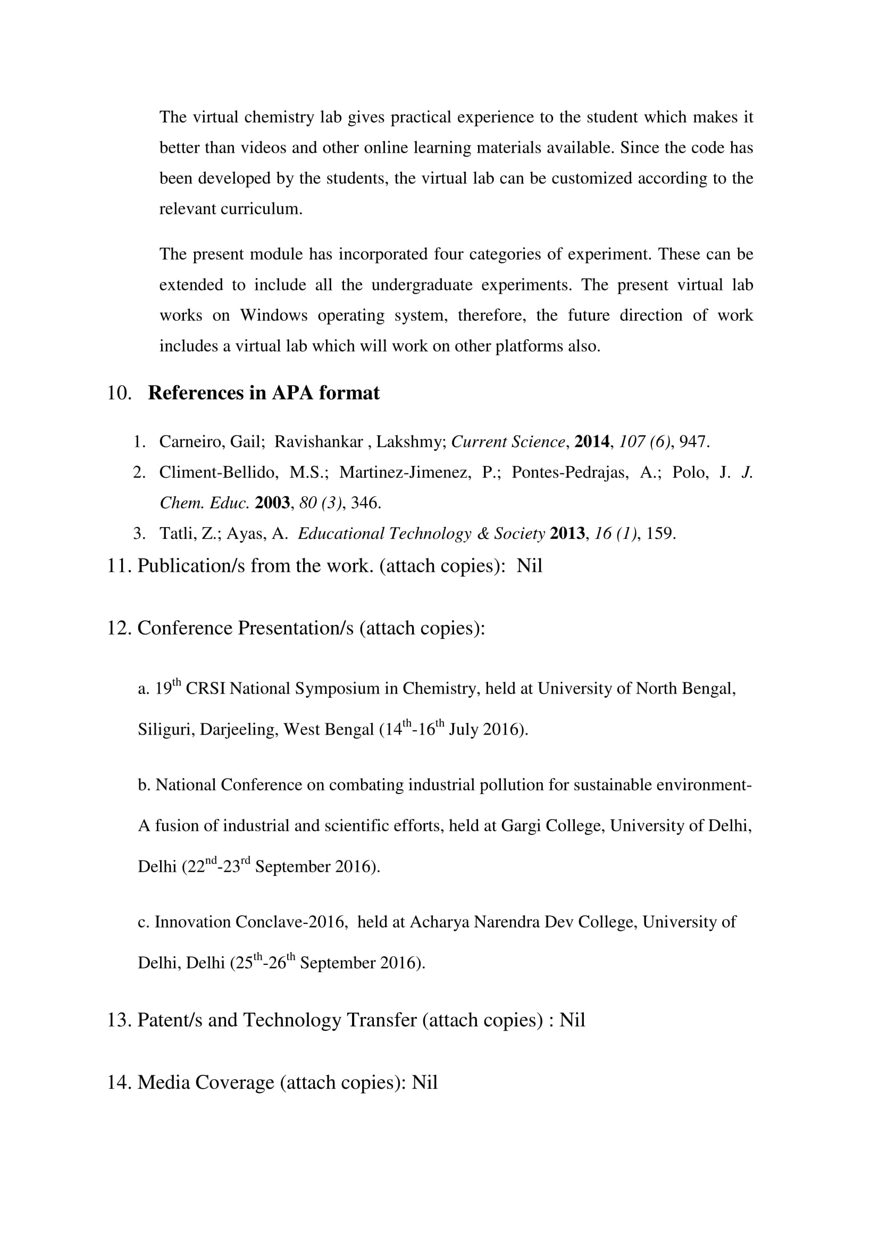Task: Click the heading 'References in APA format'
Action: coord(264,393)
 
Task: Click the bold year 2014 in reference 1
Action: coord(591,442)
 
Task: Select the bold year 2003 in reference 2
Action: coord(272,503)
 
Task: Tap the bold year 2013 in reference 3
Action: coord(567,533)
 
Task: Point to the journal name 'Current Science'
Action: coord(508,442)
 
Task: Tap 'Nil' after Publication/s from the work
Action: coord(529,566)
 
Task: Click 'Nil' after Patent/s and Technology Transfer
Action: coord(572,1020)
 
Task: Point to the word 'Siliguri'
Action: coord(166,730)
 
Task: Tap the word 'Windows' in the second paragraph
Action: coord(273,315)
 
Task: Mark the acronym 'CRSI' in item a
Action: coord(206,689)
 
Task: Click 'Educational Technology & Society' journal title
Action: coord(421,533)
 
